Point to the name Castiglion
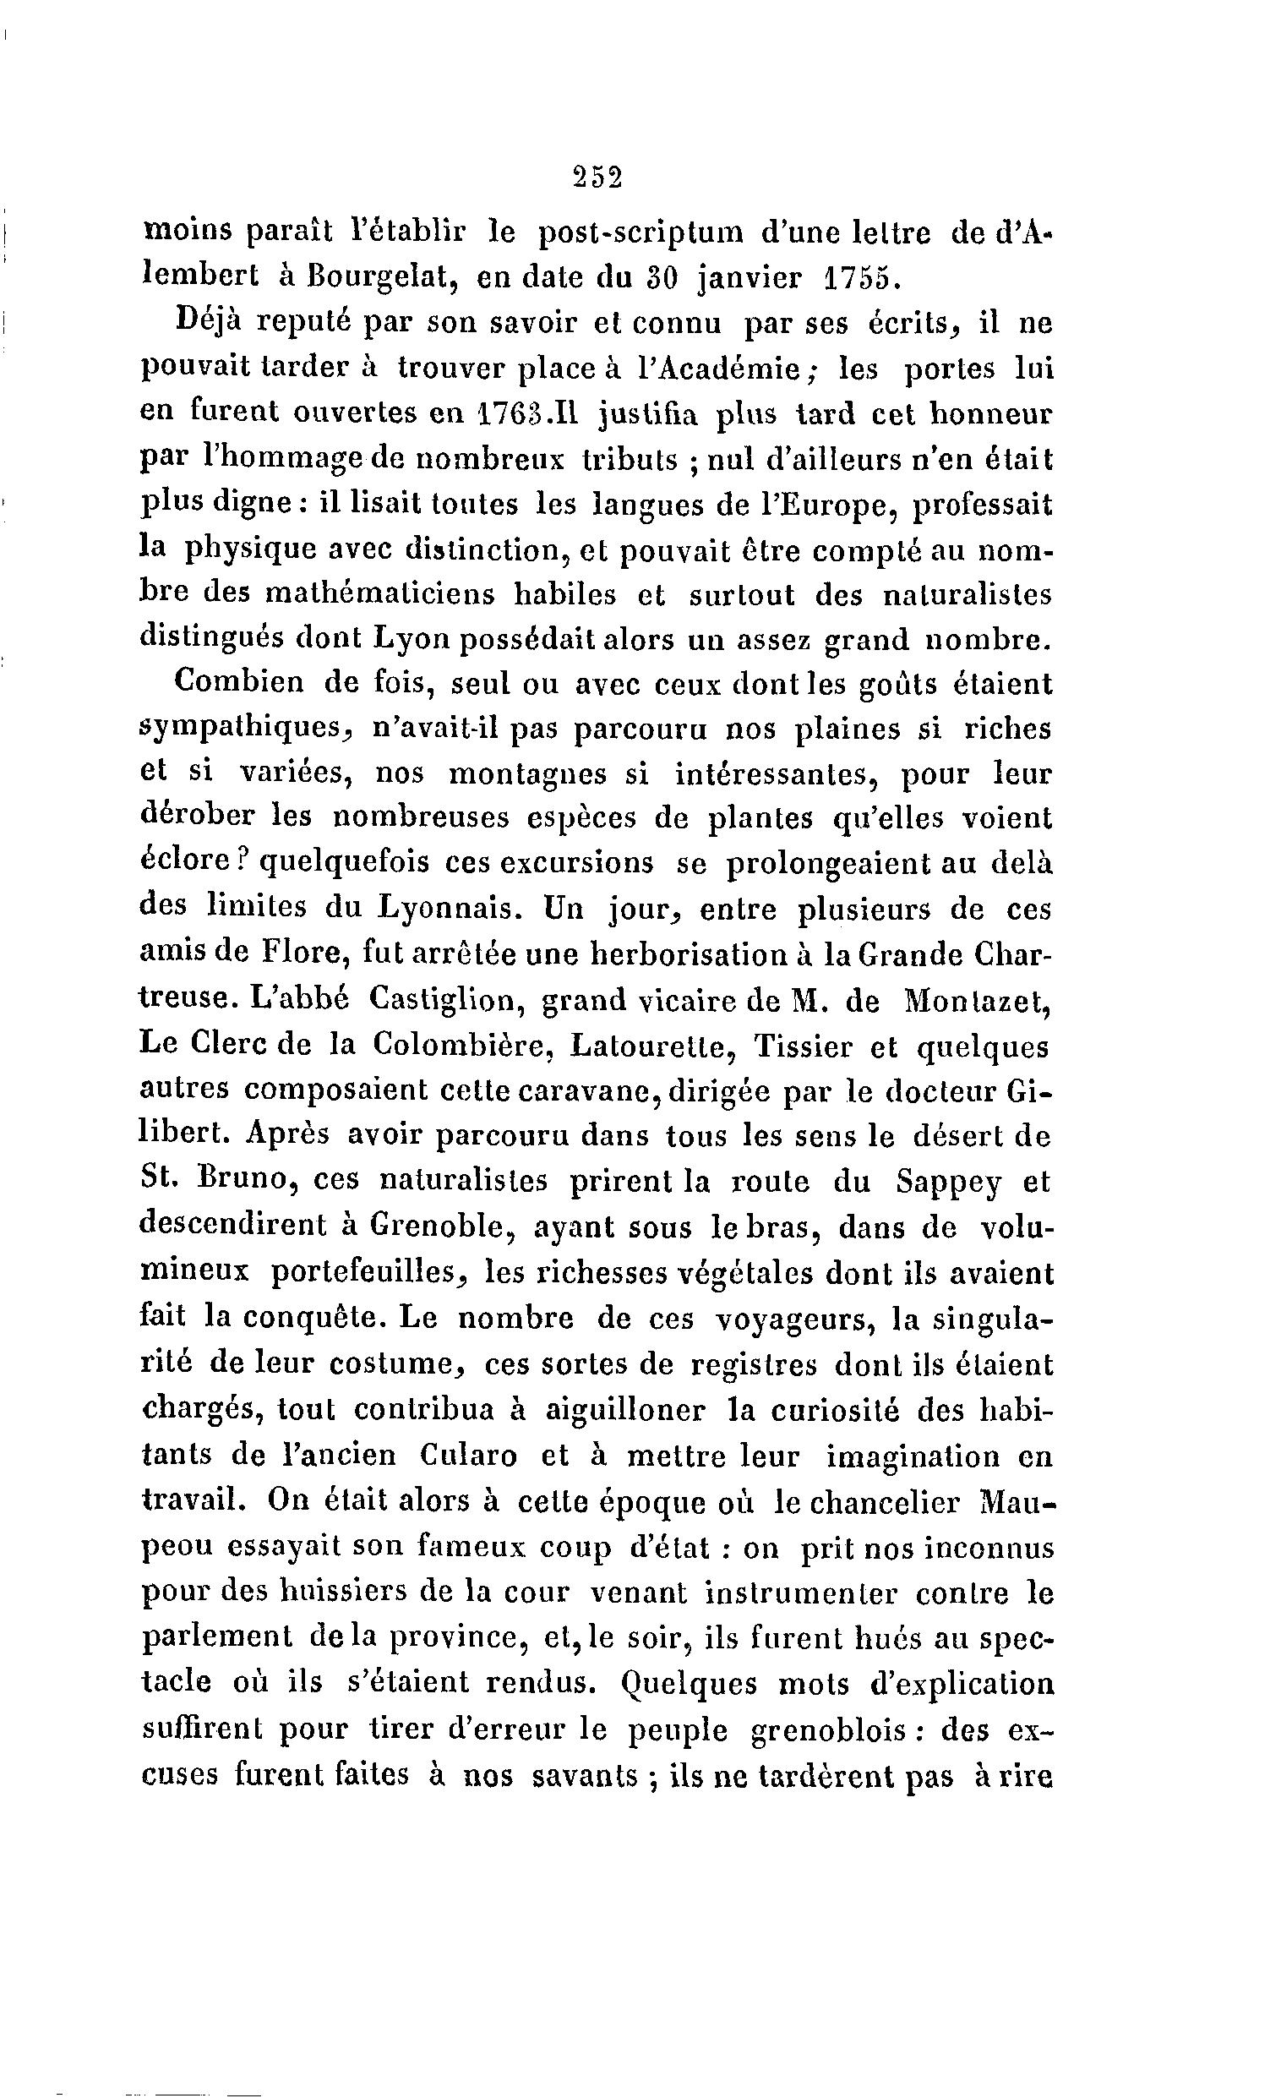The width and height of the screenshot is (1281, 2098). tap(444, 1000)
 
